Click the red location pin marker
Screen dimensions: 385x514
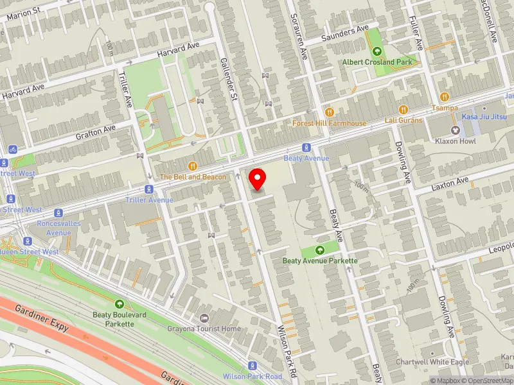pos(258,179)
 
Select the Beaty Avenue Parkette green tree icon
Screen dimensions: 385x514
pos(319,250)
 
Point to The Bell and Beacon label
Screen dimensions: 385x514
pos(193,176)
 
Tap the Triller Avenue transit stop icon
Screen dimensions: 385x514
pos(149,189)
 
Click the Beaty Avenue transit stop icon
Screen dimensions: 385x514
pos(306,147)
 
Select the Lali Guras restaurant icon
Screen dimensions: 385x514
pos(404,110)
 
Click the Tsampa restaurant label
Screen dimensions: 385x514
pos(445,108)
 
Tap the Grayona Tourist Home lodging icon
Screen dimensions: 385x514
pos(204,318)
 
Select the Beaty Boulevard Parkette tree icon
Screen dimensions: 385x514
pos(119,304)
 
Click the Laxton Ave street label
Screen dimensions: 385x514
pos(450,183)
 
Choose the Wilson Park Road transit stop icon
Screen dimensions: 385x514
pos(252,365)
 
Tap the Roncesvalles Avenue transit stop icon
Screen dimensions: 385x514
pos(58,213)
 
